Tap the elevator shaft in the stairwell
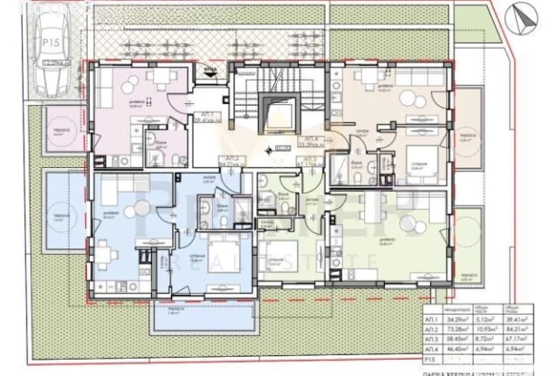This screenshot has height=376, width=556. click(271, 113)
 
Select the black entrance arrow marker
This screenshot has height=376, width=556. click(211, 77)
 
